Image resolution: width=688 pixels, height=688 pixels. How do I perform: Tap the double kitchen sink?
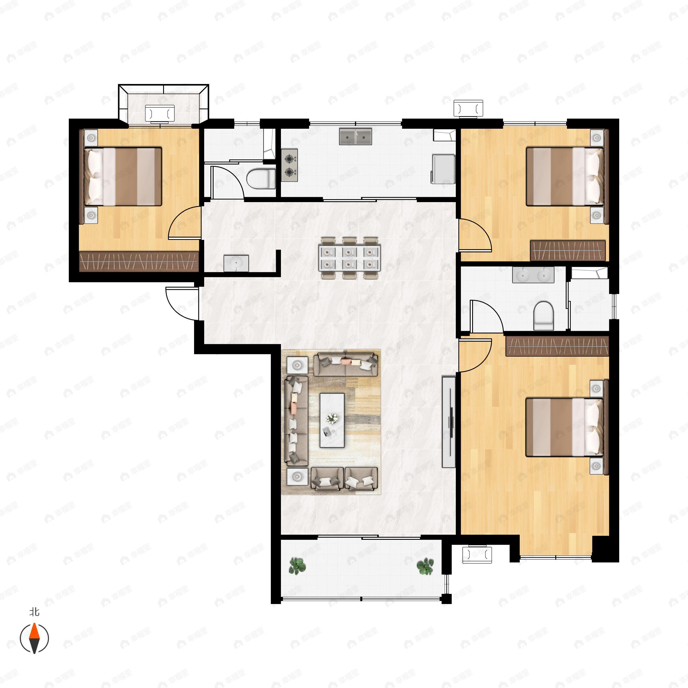(355, 137)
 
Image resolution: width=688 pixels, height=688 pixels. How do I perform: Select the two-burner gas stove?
(290, 165)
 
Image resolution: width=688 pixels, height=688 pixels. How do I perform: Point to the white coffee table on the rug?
(332, 420)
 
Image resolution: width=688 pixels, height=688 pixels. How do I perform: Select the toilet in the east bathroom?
(544, 315)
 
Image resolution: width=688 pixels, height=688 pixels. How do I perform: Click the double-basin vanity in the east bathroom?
(533, 275)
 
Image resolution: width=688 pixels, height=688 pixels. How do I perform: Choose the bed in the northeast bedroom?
(565, 177)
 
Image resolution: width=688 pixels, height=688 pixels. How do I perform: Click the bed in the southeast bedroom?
(565, 427)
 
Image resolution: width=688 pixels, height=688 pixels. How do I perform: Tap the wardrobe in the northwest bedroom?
(138, 262)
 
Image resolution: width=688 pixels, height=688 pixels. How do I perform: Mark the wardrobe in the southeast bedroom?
(557, 346)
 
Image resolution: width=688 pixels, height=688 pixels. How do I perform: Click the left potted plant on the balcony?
(297, 566)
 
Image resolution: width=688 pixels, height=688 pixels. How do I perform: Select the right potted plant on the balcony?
(425, 566)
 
